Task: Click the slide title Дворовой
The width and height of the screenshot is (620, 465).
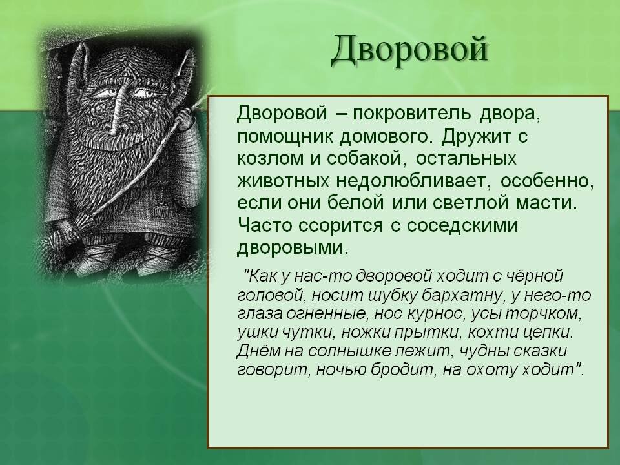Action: [409, 50]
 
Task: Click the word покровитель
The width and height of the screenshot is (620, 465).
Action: [412, 114]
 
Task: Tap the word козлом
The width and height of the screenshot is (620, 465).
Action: [270, 159]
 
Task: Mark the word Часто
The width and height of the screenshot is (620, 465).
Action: [265, 226]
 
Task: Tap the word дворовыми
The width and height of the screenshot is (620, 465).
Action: [293, 248]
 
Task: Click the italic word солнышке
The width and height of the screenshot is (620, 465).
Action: [360, 351]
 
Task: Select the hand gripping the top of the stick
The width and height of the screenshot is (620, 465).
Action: [183, 118]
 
